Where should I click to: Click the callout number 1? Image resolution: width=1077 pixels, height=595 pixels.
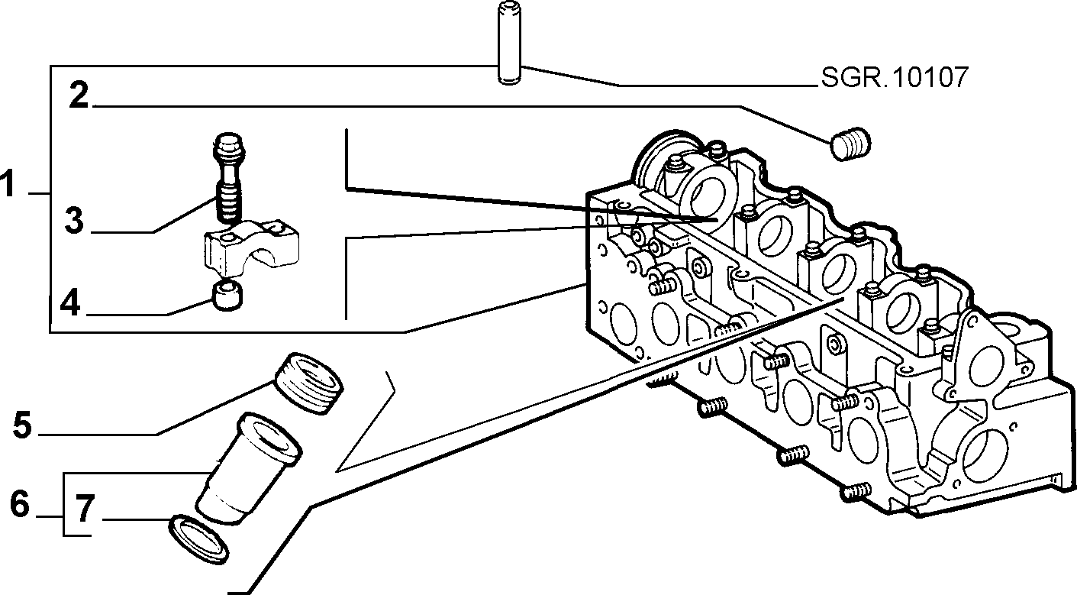pos(8,183)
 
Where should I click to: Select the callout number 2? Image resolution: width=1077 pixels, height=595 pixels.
pos(79,95)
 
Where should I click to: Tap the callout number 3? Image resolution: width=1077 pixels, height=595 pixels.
pos(74,220)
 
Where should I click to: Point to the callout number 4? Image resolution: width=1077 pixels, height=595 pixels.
pos(70,302)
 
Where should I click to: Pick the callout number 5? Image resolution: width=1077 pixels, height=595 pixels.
pos(23,424)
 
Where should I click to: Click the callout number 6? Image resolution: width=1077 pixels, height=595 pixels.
pos(20,503)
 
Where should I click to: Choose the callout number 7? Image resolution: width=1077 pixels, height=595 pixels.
pos(85,508)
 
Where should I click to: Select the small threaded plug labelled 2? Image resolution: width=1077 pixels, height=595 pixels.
pos(850,144)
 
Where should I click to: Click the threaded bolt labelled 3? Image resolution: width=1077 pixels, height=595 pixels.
pos(229,177)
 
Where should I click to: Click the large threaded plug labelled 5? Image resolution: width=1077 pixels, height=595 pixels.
pos(308,383)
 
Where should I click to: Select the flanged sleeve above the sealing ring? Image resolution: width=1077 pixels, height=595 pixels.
pos(248,467)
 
